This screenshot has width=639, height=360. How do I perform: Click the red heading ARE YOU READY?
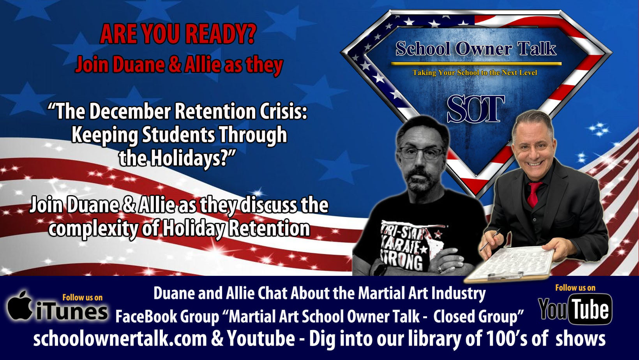tap(178, 34)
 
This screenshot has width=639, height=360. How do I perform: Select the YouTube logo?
tap(575, 309)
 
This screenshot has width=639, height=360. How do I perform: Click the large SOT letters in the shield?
tap(476, 109)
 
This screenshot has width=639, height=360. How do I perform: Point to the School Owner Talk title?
tap(476, 48)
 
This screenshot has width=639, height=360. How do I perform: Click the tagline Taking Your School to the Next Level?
tap(475, 72)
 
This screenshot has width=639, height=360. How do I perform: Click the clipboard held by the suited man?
tap(511, 264)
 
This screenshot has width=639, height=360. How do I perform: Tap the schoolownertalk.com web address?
tap(120, 339)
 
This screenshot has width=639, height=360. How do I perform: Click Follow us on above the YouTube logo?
tap(575, 288)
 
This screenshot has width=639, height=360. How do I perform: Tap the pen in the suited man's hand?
tap(490, 240)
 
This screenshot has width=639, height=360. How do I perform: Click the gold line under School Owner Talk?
tap(476, 64)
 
